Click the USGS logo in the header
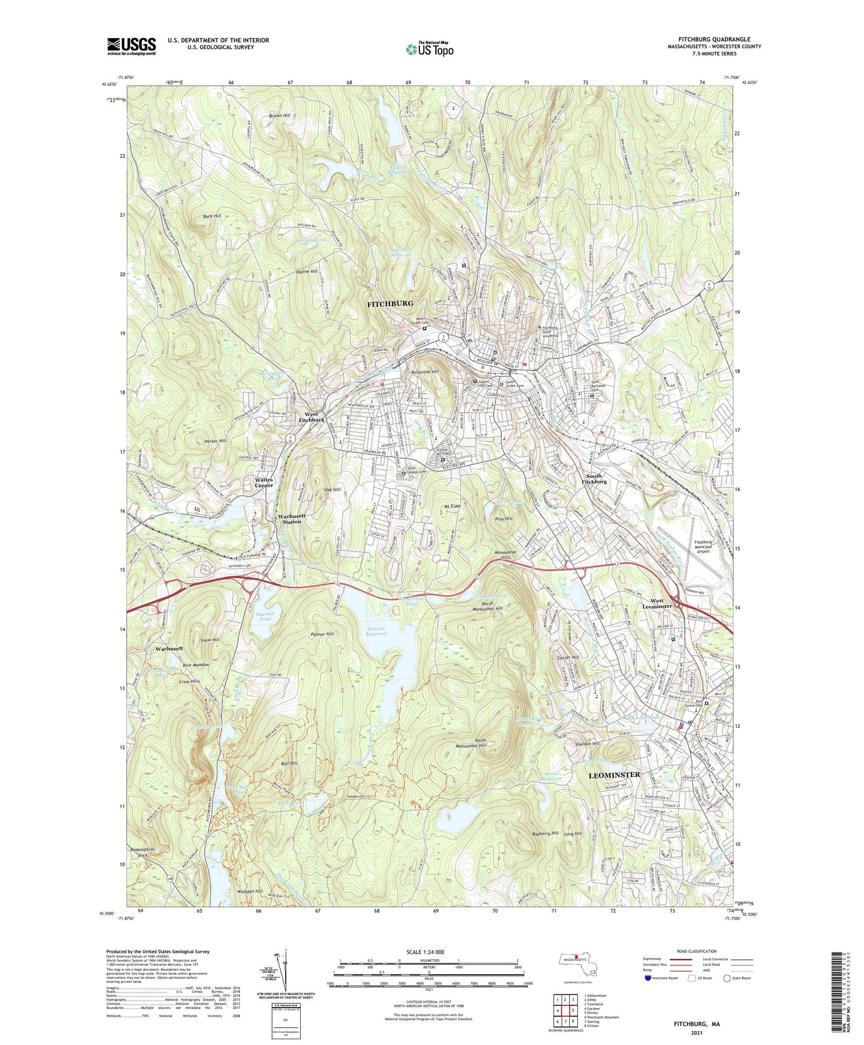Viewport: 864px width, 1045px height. [131, 46]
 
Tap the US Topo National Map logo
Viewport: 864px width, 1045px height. [429, 49]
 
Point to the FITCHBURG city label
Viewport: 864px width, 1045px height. [390, 303]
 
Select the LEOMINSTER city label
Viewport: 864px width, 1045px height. [614, 775]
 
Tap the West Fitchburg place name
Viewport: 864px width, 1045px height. [311, 417]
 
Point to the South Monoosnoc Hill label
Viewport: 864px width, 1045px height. [472, 742]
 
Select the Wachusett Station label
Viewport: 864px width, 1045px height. [291, 519]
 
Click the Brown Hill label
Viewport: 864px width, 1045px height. [279, 116]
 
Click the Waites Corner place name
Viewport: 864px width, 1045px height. [264, 482]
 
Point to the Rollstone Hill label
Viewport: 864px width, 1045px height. [426, 372]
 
